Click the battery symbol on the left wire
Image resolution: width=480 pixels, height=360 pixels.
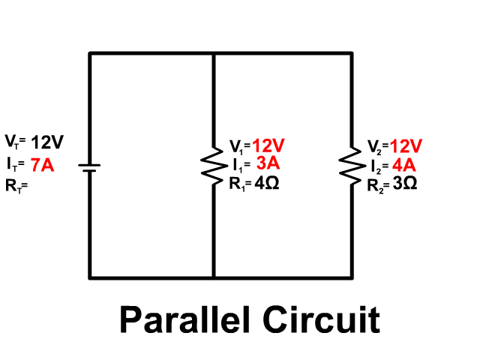point(89,166)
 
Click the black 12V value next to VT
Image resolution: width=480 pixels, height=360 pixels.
point(49,142)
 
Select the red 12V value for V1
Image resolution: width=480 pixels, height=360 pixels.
point(268,145)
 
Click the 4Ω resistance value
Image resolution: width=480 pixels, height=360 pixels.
point(267,184)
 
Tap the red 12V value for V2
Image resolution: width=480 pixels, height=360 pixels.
point(406,145)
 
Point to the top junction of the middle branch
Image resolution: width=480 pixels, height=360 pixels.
point(214,53)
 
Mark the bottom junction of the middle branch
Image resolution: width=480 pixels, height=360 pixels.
point(214,277)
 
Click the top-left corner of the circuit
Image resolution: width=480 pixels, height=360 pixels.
point(90,53)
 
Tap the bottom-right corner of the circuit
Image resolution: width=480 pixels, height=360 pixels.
point(352,277)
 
